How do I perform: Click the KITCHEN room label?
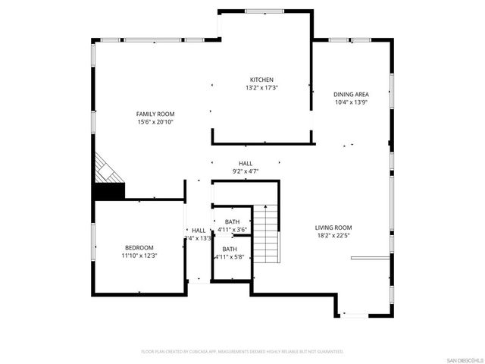click(x=262, y=80)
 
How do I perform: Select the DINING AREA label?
click(x=352, y=95)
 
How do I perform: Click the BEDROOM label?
click(x=139, y=248)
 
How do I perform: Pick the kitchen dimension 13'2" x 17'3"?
click(x=262, y=88)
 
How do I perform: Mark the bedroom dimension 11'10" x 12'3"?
click(x=139, y=256)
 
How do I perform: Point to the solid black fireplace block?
click(x=107, y=191)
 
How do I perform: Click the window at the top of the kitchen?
click(x=264, y=11)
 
